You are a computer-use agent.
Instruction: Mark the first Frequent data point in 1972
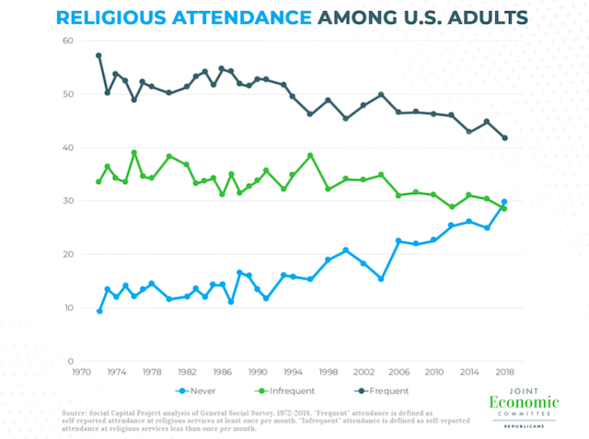pos(98,55)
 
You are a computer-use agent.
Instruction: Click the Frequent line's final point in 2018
pos(504,138)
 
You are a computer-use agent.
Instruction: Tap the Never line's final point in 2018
pos(504,202)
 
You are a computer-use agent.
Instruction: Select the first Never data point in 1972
pos(98,310)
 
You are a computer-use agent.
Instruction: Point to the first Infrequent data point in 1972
pos(98,181)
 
